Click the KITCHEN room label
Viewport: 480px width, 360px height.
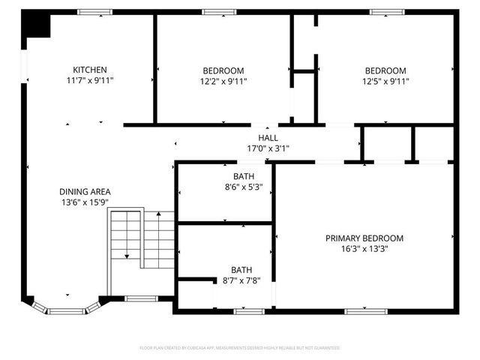pos(89,70)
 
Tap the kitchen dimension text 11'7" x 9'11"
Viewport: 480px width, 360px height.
pos(89,80)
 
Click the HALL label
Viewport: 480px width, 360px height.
pos(268,138)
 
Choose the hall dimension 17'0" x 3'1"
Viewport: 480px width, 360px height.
pos(268,148)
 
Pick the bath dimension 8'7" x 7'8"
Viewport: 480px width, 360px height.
pos(241,280)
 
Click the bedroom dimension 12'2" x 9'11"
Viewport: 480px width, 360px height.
pos(223,81)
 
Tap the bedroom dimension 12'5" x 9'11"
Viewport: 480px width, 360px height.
pos(385,81)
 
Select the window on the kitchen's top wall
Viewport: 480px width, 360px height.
pos(95,12)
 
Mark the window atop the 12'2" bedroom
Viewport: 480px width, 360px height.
pos(219,12)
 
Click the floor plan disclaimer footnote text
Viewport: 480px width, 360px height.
pos(240,348)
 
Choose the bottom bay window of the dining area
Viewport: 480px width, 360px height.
pos(68,310)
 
